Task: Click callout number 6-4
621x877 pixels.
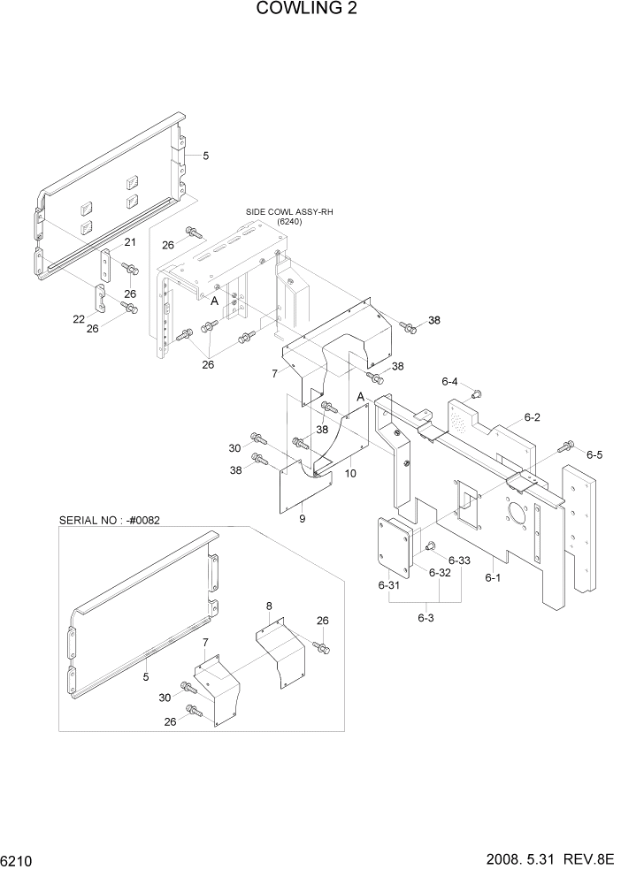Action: click(x=449, y=382)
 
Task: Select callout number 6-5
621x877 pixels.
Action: click(x=594, y=454)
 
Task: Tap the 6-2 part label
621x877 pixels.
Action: click(x=532, y=417)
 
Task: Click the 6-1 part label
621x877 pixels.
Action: click(x=493, y=577)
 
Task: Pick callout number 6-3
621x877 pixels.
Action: click(x=425, y=616)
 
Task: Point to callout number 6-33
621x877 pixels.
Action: click(x=459, y=561)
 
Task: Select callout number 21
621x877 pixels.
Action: click(x=129, y=242)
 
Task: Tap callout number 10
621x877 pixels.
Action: click(x=350, y=474)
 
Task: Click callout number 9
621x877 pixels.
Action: click(x=302, y=519)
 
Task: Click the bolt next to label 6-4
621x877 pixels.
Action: click(x=476, y=394)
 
